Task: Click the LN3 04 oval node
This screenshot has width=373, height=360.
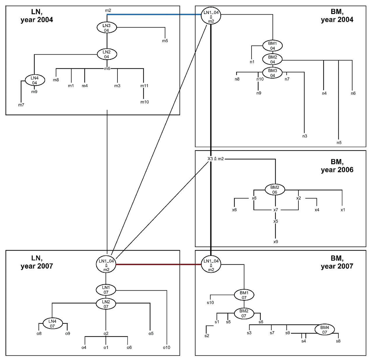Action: point(107,28)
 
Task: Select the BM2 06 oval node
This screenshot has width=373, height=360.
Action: point(275,190)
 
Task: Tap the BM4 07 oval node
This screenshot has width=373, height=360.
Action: point(325,329)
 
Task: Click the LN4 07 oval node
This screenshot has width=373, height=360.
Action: point(52,323)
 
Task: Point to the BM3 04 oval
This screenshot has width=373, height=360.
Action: point(272,73)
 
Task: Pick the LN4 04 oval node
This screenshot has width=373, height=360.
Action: point(35,80)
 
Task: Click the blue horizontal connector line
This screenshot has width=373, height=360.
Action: point(154,14)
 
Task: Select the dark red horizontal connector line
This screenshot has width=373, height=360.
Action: point(159,264)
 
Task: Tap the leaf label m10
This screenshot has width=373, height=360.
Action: point(145,102)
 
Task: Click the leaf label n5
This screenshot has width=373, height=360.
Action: point(339,143)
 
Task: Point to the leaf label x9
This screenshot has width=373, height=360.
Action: point(276,242)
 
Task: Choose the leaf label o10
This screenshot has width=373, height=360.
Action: point(167,347)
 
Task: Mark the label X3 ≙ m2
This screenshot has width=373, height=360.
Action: point(216,159)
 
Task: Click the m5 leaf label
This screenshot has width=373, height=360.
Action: point(165,41)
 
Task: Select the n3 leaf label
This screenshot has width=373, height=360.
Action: point(305,136)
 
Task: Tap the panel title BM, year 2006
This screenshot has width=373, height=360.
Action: point(337,166)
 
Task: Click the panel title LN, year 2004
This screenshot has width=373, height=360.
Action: point(37,16)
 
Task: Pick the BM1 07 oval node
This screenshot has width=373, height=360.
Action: point(244,295)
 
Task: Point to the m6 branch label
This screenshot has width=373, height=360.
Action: point(107,69)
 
